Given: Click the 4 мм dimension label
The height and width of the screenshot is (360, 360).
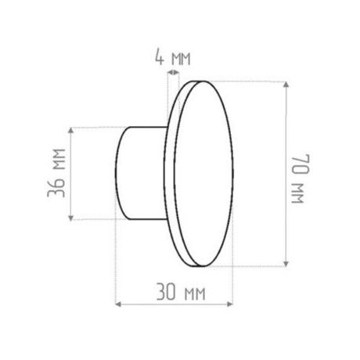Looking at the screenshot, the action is [173, 57].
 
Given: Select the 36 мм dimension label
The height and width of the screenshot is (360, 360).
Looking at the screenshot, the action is [56, 173].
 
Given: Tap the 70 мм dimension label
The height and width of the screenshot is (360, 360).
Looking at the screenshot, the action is [301, 178].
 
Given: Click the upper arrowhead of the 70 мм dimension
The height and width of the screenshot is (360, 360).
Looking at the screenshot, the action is [286, 85].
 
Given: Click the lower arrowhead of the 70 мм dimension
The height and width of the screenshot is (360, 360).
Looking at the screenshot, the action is [286, 263].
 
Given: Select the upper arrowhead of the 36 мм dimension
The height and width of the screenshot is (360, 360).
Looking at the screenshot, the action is [70, 131].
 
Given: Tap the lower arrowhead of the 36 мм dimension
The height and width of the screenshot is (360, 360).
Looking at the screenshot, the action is [70, 218].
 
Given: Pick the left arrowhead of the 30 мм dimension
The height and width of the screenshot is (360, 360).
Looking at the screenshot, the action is [118, 304].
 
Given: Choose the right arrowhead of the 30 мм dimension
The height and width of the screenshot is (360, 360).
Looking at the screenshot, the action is [229, 304].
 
